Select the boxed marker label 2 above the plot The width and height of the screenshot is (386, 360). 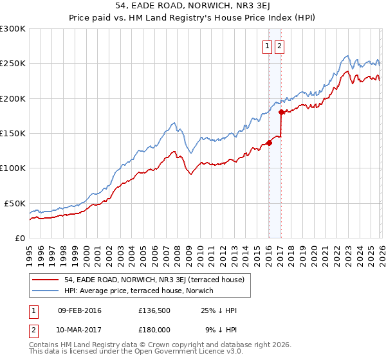click(280, 46)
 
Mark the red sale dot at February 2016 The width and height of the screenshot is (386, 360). click(269, 143)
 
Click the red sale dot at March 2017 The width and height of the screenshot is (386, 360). click(281, 112)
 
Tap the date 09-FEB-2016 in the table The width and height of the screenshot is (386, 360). click(80, 310)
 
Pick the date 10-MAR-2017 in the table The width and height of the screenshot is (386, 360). click(80, 330)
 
